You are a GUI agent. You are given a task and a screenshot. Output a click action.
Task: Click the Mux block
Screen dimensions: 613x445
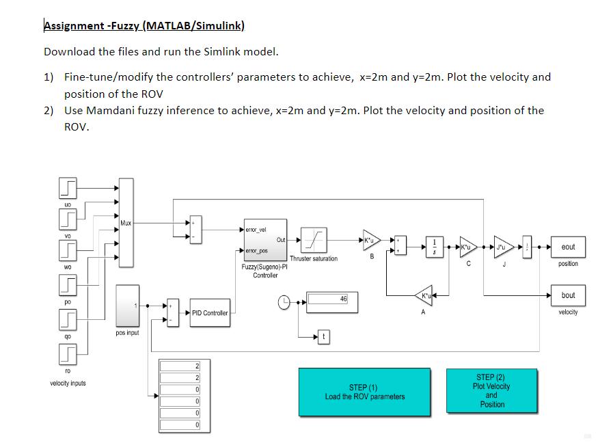[x=126, y=223]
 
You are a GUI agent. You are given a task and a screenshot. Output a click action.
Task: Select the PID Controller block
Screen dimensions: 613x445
[x=210, y=313]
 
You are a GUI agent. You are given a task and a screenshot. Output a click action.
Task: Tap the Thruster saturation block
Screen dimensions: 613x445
[x=314, y=240]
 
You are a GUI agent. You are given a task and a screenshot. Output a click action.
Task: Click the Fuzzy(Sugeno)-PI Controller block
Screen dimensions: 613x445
[x=265, y=240]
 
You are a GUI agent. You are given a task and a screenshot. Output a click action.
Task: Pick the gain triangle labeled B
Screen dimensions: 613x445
[x=370, y=240]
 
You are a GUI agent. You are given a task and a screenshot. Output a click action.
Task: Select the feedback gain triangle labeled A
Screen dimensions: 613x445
[x=424, y=295]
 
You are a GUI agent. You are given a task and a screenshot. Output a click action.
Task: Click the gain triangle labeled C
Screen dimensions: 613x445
[x=467, y=247]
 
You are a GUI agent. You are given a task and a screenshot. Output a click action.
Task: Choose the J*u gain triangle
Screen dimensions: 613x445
[x=504, y=247]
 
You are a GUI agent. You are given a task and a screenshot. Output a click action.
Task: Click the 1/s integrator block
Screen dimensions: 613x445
[x=435, y=247]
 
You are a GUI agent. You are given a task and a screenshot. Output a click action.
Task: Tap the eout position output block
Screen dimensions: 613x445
[x=568, y=247]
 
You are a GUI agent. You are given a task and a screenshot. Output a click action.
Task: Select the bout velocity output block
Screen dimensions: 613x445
[x=568, y=295]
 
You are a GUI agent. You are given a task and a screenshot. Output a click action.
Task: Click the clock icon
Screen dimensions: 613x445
[x=284, y=302]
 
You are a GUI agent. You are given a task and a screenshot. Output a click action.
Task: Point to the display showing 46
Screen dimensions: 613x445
[x=332, y=302]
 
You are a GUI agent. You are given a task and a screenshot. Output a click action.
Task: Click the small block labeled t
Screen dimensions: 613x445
[x=323, y=337]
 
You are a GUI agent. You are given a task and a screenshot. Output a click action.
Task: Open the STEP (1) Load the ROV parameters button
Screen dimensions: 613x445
[x=364, y=392]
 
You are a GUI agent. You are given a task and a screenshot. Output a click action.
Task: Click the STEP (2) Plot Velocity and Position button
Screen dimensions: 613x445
[x=491, y=390]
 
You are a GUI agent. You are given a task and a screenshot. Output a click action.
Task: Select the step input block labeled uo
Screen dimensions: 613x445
[x=68, y=188]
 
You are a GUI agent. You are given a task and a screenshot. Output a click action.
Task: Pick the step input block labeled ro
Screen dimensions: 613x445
[x=68, y=354]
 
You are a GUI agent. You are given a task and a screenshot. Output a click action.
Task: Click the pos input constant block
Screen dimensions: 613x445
[x=127, y=306]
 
